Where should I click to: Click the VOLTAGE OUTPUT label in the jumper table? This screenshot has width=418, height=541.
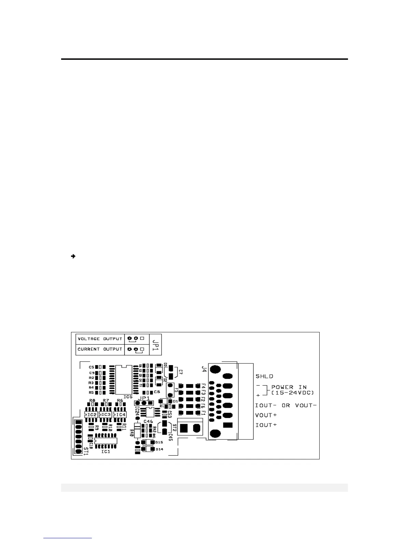tap(100, 339)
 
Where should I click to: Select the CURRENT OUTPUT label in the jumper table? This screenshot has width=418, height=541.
tap(100, 349)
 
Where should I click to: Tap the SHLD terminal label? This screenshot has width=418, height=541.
tap(264, 376)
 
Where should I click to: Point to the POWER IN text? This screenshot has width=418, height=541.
tap(289, 387)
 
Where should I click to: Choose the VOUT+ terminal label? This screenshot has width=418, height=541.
tap(266, 415)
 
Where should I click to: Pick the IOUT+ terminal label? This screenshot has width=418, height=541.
tap(266, 425)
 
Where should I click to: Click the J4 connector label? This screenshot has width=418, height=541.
tap(204, 369)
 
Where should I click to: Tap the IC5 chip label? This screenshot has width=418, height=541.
tap(128, 397)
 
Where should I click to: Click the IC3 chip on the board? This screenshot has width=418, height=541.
tap(106, 415)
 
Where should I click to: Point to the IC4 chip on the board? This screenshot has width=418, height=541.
tap(120, 415)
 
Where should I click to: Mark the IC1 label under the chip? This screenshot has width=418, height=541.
tap(106, 452)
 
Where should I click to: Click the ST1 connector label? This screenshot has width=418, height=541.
tap(86, 450)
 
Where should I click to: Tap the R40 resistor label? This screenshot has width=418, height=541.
tap(131, 433)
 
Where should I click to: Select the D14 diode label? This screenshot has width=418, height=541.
tap(159, 449)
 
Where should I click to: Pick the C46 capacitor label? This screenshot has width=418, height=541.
tap(148, 421)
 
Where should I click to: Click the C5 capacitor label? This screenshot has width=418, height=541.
tap(91, 367)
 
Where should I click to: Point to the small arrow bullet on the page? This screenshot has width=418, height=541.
tap(73, 256)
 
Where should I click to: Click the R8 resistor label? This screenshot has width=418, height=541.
tap(92, 400)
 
